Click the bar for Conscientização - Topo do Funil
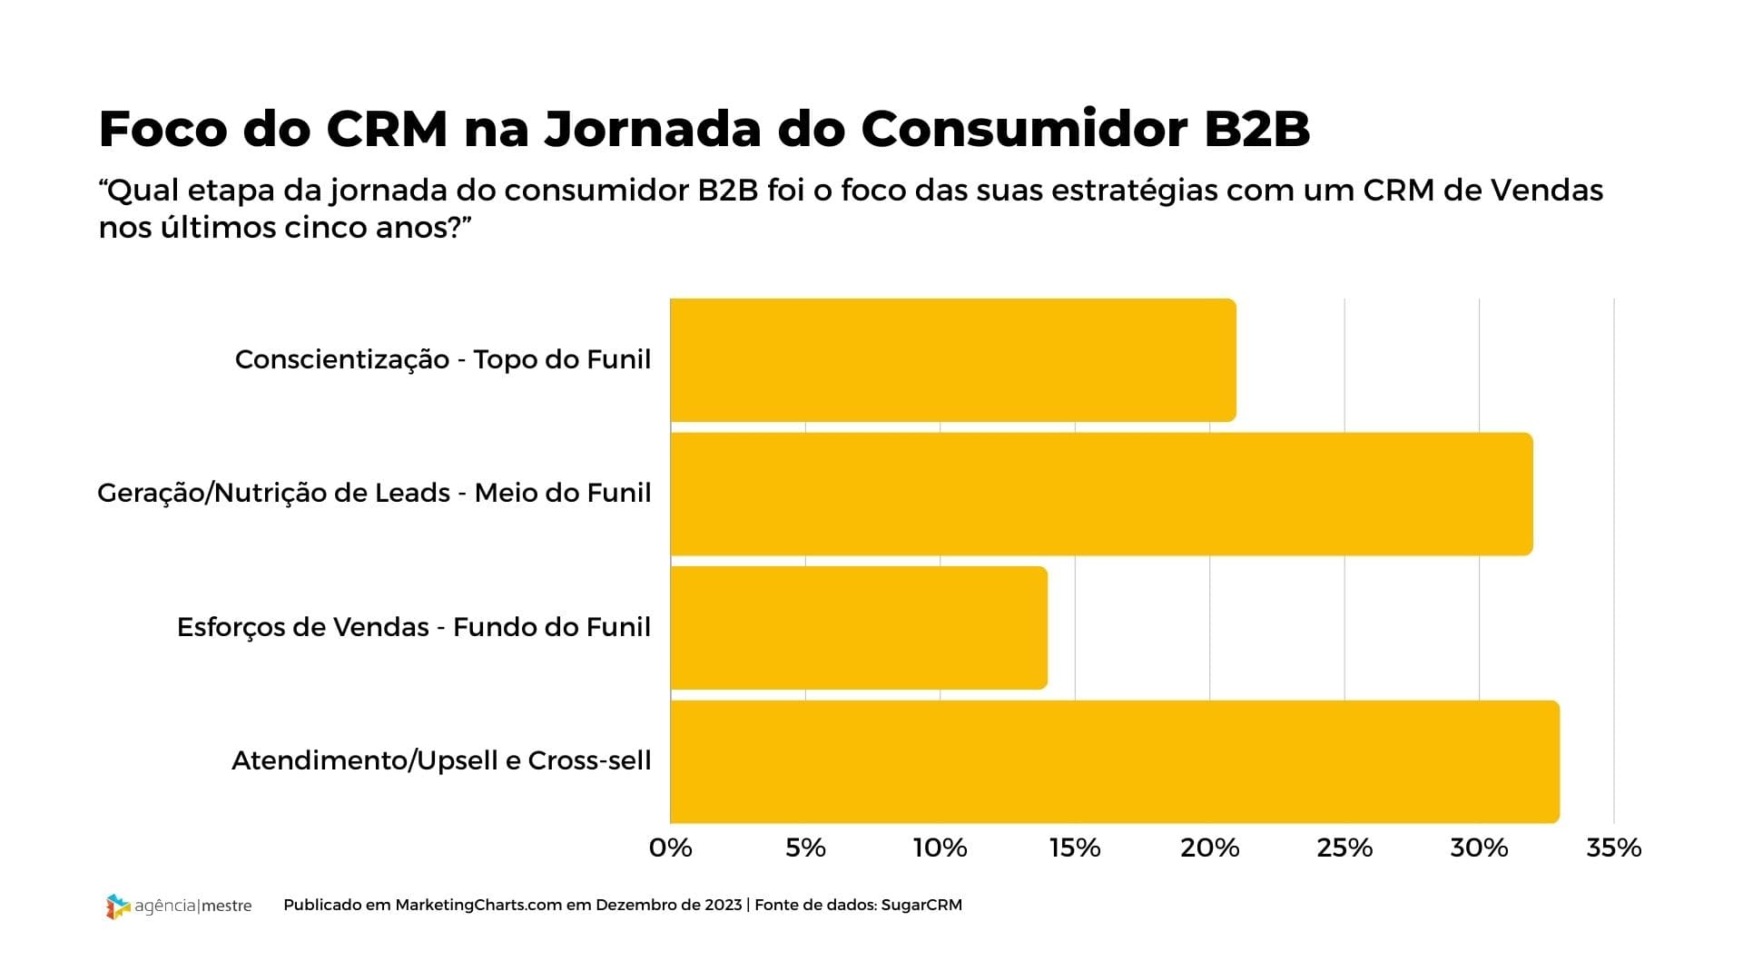pyautogui.click(x=953, y=360)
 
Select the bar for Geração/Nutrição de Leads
pyautogui.click(x=1101, y=494)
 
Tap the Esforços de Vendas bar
pyautogui.click(x=859, y=628)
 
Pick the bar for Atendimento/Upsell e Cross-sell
pyautogui.click(x=1115, y=761)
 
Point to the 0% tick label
pyautogui.click(x=671, y=848)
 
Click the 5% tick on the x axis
pyautogui.click(x=805, y=848)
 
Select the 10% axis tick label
pyautogui.click(x=940, y=848)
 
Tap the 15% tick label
pyautogui.click(x=1075, y=848)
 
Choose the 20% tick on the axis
pyautogui.click(x=1209, y=848)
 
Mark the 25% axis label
pyautogui.click(x=1344, y=848)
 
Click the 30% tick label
pyautogui.click(x=1479, y=848)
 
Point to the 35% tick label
pyautogui.click(x=1613, y=848)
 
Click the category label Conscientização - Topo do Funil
pyautogui.click(x=443, y=359)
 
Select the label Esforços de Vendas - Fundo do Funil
pyautogui.click(x=414, y=627)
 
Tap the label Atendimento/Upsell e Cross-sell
pyautogui.click(x=441, y=760)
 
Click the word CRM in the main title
pyautogui.click(x=387, y=129)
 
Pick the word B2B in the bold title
pyautogui.click(x=1256, y=129)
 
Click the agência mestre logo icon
pyautogui.click(x=118, y=906)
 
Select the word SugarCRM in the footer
pyautogui.click(x=921, y=905)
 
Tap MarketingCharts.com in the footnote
pyautogui.click(x=478, y=905)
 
